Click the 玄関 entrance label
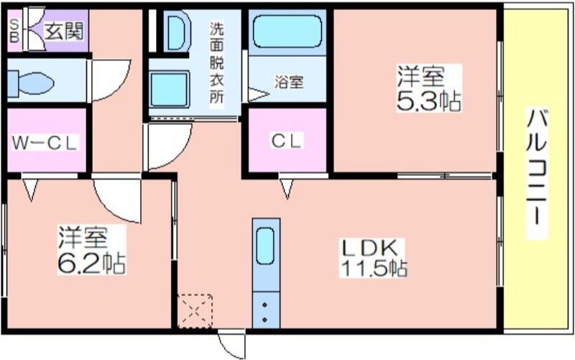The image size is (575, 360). pyautogui.click(x=64, y=31)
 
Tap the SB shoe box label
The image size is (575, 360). pyautogui.click(x=14, y=31)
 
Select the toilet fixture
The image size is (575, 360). pyautogui.click(x=31, y=83)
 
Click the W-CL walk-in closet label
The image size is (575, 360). pyautogui.click(x=45, y=142)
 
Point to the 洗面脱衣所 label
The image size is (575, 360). pyautogui.click(x=216, y=63)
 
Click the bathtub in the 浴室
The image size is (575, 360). pyautogui.click(x=287, y=31)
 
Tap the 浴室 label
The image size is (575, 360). pyautogui.click(x=289, y=82)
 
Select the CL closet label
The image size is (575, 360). pyautogui.click(x=287, y=140)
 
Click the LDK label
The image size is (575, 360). pyautogui.click(x=370, y=249)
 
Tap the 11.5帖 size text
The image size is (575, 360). pyautogui.click(x=374, y=268)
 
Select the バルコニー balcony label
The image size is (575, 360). pyautogui.click(x=537, y=172)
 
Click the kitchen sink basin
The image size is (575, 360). pyautogui.click(x=264, y=246)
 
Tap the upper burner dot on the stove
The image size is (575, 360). pyautogui.click(x=264, y=305)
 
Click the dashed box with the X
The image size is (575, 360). pyautogui.click(x=194, y=311)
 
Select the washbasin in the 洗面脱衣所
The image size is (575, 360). pyautogui.click(x=177, y=31)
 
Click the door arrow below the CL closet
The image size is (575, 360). pyautogui.click(x=287, y=189)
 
